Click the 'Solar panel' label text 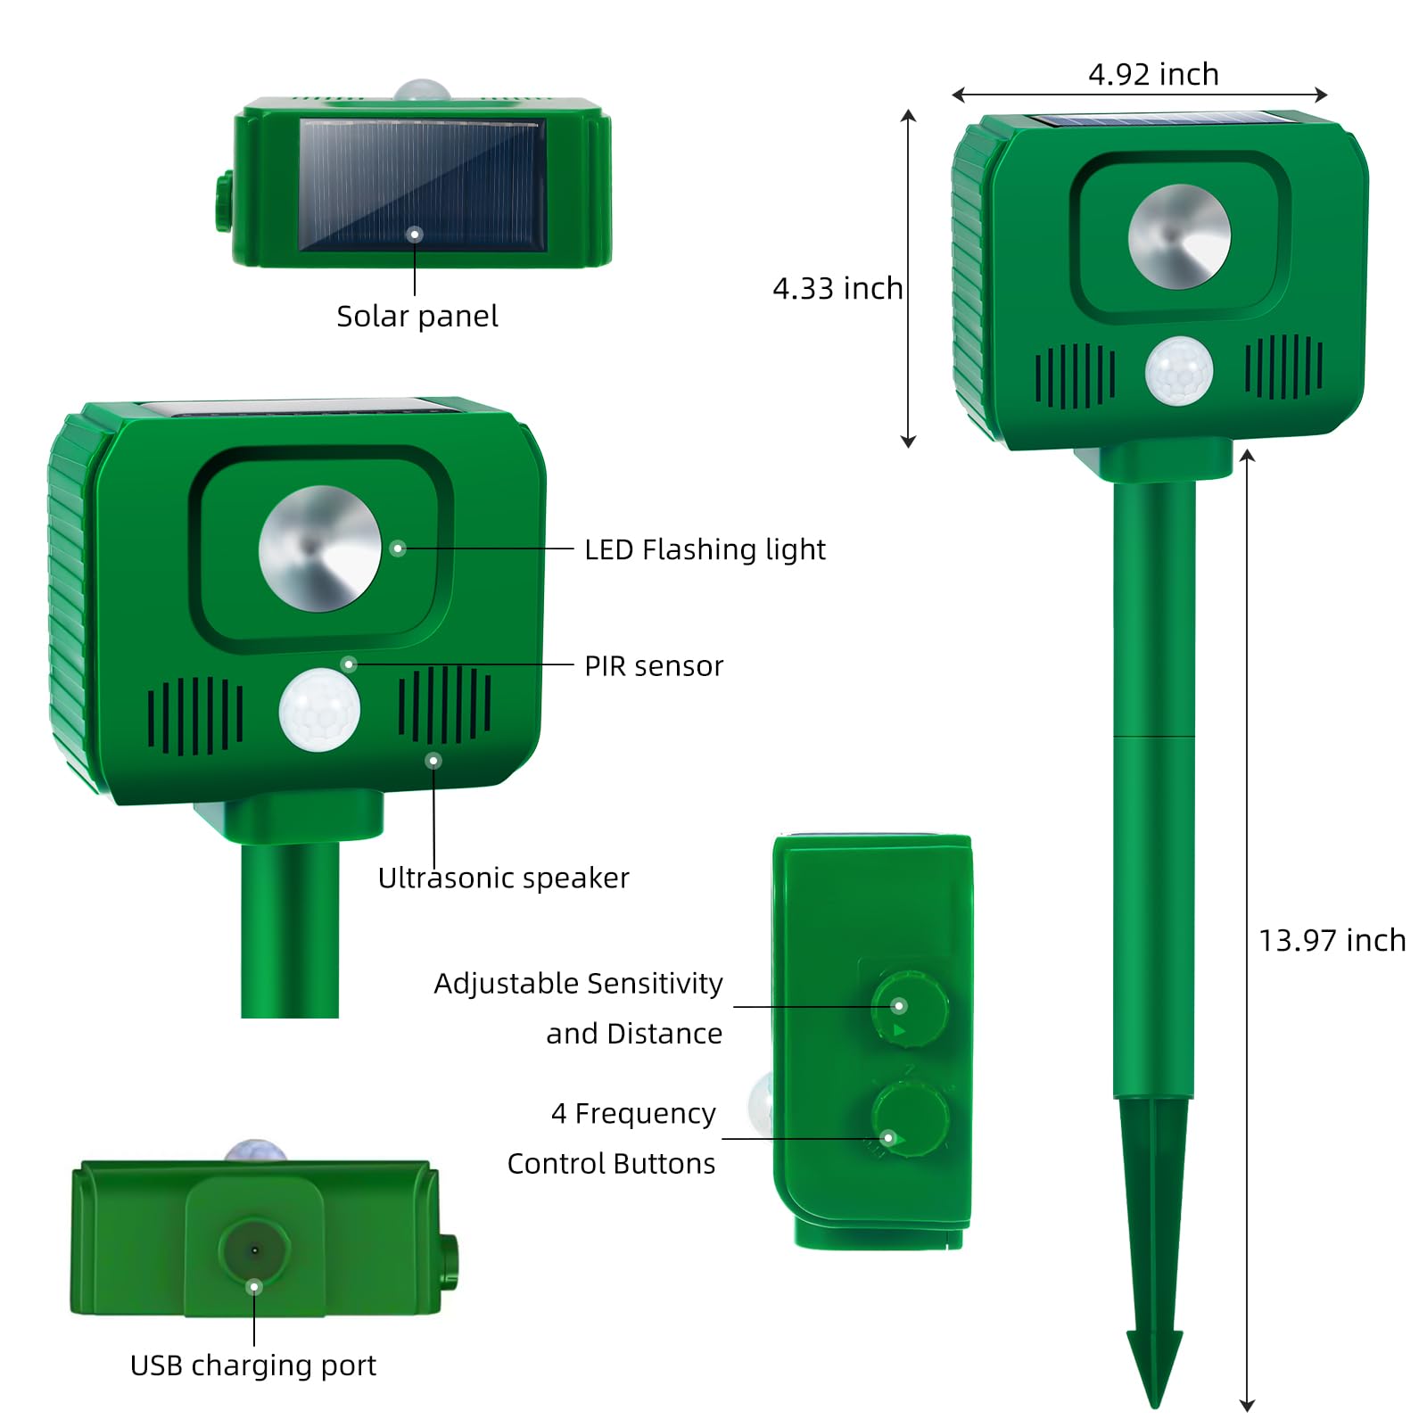[417, 316]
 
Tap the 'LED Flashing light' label [705, 549]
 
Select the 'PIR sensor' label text [654, 665]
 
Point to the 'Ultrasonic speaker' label [503, 878]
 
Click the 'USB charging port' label [253, 1365]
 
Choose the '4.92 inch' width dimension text [1153, 74]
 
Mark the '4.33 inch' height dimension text [837, 288]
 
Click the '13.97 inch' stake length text [1332, 940]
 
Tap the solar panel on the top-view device [422, 184]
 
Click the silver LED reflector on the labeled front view [319, 549]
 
